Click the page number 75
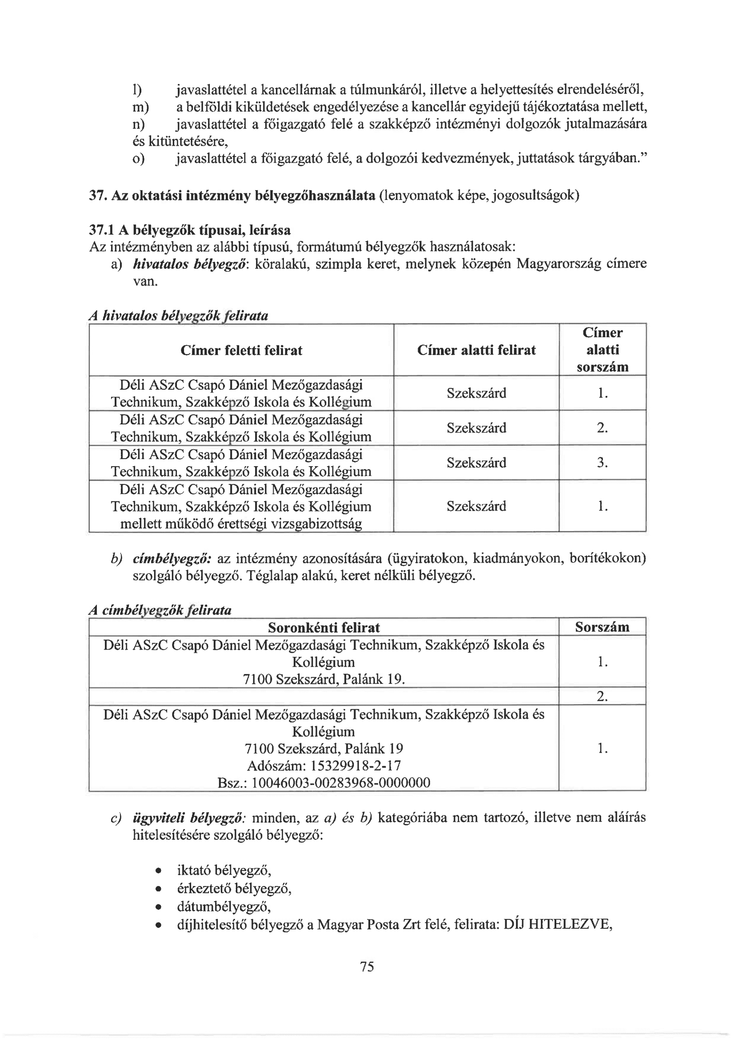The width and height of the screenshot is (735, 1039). coord(367,966)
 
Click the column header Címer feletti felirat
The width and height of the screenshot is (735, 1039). coord(241,350)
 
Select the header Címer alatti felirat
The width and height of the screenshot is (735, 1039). coord(476,350)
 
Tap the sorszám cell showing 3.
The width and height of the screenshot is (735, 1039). coord(602,463)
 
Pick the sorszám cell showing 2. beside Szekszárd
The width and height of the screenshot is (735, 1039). coord(602,428)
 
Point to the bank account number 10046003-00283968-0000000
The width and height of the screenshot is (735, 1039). coord(340,783)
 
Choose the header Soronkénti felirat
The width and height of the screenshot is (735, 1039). coord(324,627)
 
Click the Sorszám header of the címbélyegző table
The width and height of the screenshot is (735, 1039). coord(602,627)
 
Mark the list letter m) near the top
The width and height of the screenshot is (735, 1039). coord(140,107)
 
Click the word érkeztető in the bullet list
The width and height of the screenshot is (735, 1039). coord(204,889)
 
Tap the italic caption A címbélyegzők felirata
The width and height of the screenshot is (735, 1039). coord(160,610)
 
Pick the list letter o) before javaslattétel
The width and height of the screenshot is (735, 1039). coord(139,159)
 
